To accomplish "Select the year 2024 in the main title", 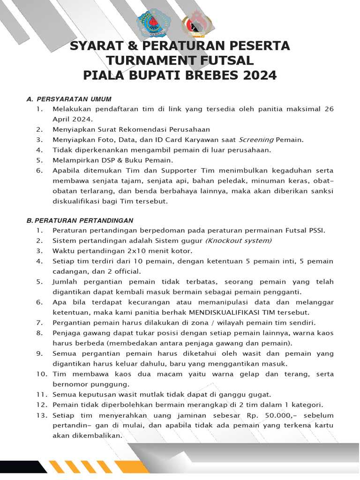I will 259,75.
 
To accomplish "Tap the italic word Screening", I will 256,140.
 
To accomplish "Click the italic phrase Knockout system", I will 239,240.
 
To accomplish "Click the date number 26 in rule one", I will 329,109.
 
